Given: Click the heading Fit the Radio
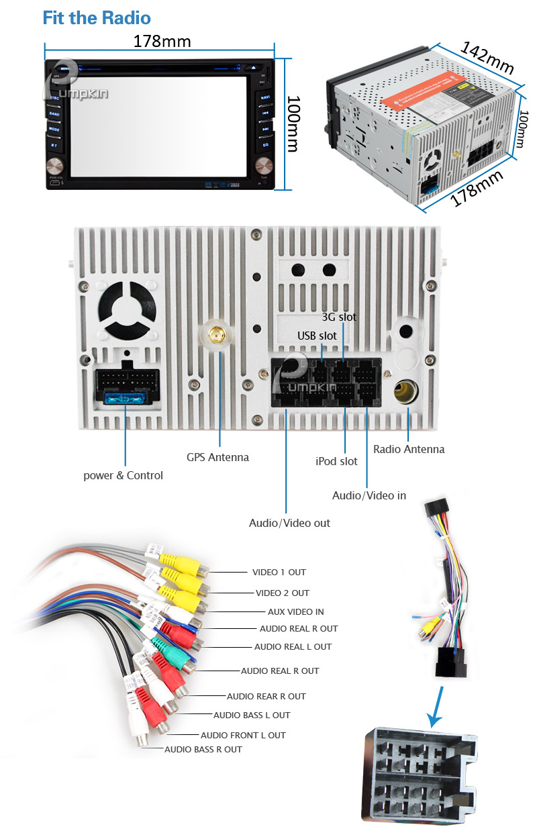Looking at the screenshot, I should pyautogui.click(x=97, y=17).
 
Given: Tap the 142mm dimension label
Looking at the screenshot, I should pyautogui.click(x=487, y=58).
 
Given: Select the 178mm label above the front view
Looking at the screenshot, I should pyautogui.click(x=162, y=42).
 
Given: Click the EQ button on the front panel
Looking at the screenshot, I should pyautogui.click(x=265, y=144).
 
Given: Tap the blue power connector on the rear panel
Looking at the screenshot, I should pyautogui.click(x=126, y=399).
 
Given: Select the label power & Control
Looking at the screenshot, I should pyautogui.click(x=123, y=475).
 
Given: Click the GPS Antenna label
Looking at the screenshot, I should pyautogui.click(x=217, y=457).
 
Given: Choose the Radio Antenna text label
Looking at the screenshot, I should pyautogui.click(x=409, y=449).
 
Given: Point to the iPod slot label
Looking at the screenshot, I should pyautogui.click(x=336, y=461).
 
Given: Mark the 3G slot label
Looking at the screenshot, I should pyautogui.click(x=339, y=317).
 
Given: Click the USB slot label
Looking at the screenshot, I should pyautogui.click(x=318, y=335).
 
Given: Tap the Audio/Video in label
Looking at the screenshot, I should pyautogui.click(x=369, y=495).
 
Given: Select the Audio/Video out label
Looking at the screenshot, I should pyautogui.click(x=289, y=522).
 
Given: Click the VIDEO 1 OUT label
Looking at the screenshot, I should pyautogui.click(x=279, y=573).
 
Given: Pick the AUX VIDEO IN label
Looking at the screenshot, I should pyautogui.click(x=295, y=611).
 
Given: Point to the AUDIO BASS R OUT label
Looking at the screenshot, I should pyautogui.click(x=203, y=749).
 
